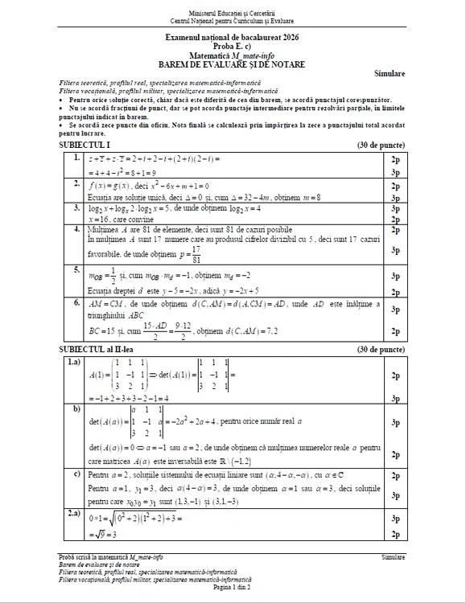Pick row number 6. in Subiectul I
click(x=75, y=303)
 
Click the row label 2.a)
click(x=74, y=512)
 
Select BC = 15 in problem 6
click(x=101, y=330)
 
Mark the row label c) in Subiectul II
click(x=76, y=475)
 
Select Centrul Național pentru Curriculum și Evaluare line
click(x=232, y=21)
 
